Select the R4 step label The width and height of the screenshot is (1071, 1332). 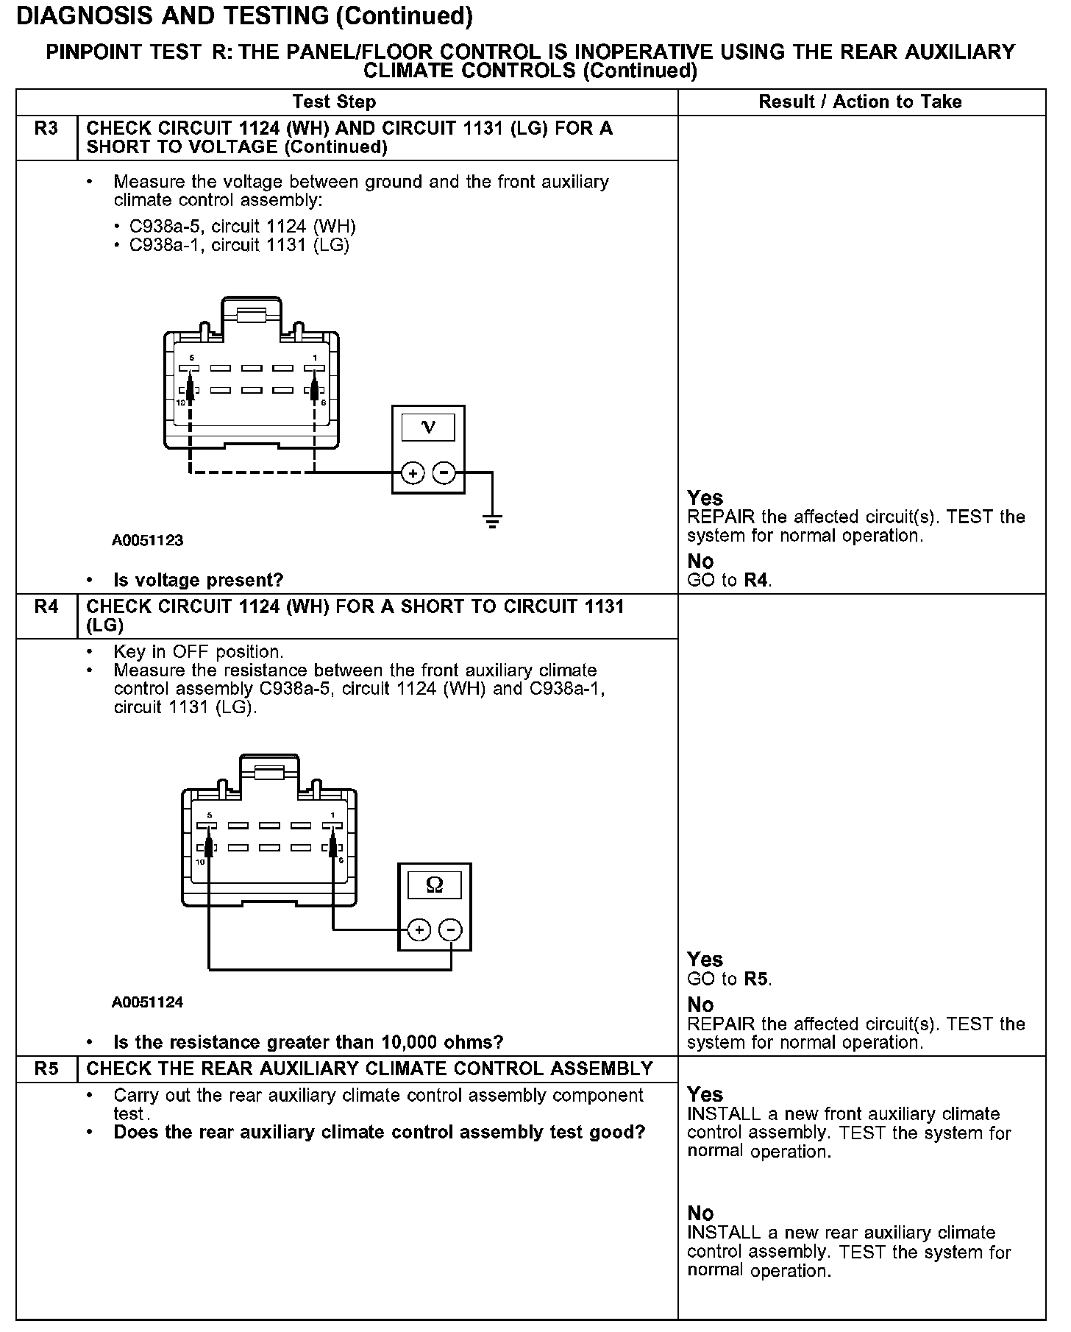tap(46, 608)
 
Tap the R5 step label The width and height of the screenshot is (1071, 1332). tap(46, 1069)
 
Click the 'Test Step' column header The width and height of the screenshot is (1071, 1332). tap(334, 102)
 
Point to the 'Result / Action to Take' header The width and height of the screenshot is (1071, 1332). tap(860, 102)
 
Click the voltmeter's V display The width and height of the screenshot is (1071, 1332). tap(428, 428)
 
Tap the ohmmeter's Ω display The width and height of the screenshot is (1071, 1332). tap(435, 885)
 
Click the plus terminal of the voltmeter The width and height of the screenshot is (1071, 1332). tap(413, 473)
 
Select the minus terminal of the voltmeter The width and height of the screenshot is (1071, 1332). tap(444, 473)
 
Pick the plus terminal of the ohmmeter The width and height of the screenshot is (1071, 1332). tap(419, 931)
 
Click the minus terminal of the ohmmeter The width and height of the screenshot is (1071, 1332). tap(450, 931)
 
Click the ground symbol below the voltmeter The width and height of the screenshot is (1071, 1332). tap(492, 522)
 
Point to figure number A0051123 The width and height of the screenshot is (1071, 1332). tap(147, 541)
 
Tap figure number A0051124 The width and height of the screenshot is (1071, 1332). tap(147, 1002)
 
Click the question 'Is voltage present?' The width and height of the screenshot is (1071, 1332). tap(198, 581)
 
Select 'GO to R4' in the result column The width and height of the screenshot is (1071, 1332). tap(729, 581)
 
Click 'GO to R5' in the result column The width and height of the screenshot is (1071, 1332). tap(729, 979)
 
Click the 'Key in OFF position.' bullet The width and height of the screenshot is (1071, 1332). tap(198, 652)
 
